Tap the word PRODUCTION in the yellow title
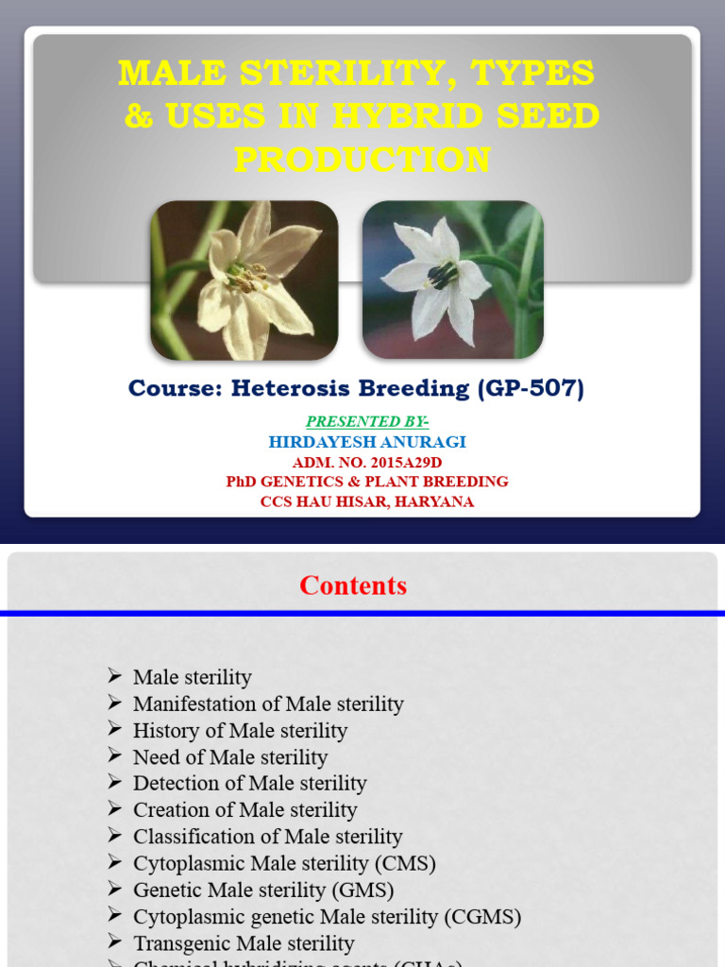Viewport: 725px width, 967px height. pyautogui.click(x=362, y=159)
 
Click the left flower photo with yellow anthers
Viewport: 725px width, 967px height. pyautogui.click(x=244, y=280)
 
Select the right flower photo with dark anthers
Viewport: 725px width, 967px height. pyautogui.click(x=452, y=280)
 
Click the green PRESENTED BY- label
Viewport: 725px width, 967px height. pyautogui.click(x=366, y=421)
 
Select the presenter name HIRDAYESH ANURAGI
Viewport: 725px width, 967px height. pyautogui.click(x=367, y=442)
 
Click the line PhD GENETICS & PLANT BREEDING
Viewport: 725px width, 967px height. pyautogui.click(x=367, y=482)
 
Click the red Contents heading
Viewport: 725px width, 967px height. pyautogui.click(x=353, y=585)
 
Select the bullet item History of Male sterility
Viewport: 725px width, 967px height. pyautogui.click(x=240, y=731)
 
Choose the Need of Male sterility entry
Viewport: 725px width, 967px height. pyautogui.click(x=230, y=757)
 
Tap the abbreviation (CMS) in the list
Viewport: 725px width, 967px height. pyautogui.click(x=405, y=863)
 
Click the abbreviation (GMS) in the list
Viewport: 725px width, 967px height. pyautogui.click(x=362, y=890)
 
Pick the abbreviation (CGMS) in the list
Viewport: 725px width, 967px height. pyautogui.click(x=487, y=916)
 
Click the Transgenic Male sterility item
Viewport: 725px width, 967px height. pyautogui.click(x=244, y=942)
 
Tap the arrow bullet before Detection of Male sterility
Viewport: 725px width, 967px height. pyautogui.click(x=115, y=783)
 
